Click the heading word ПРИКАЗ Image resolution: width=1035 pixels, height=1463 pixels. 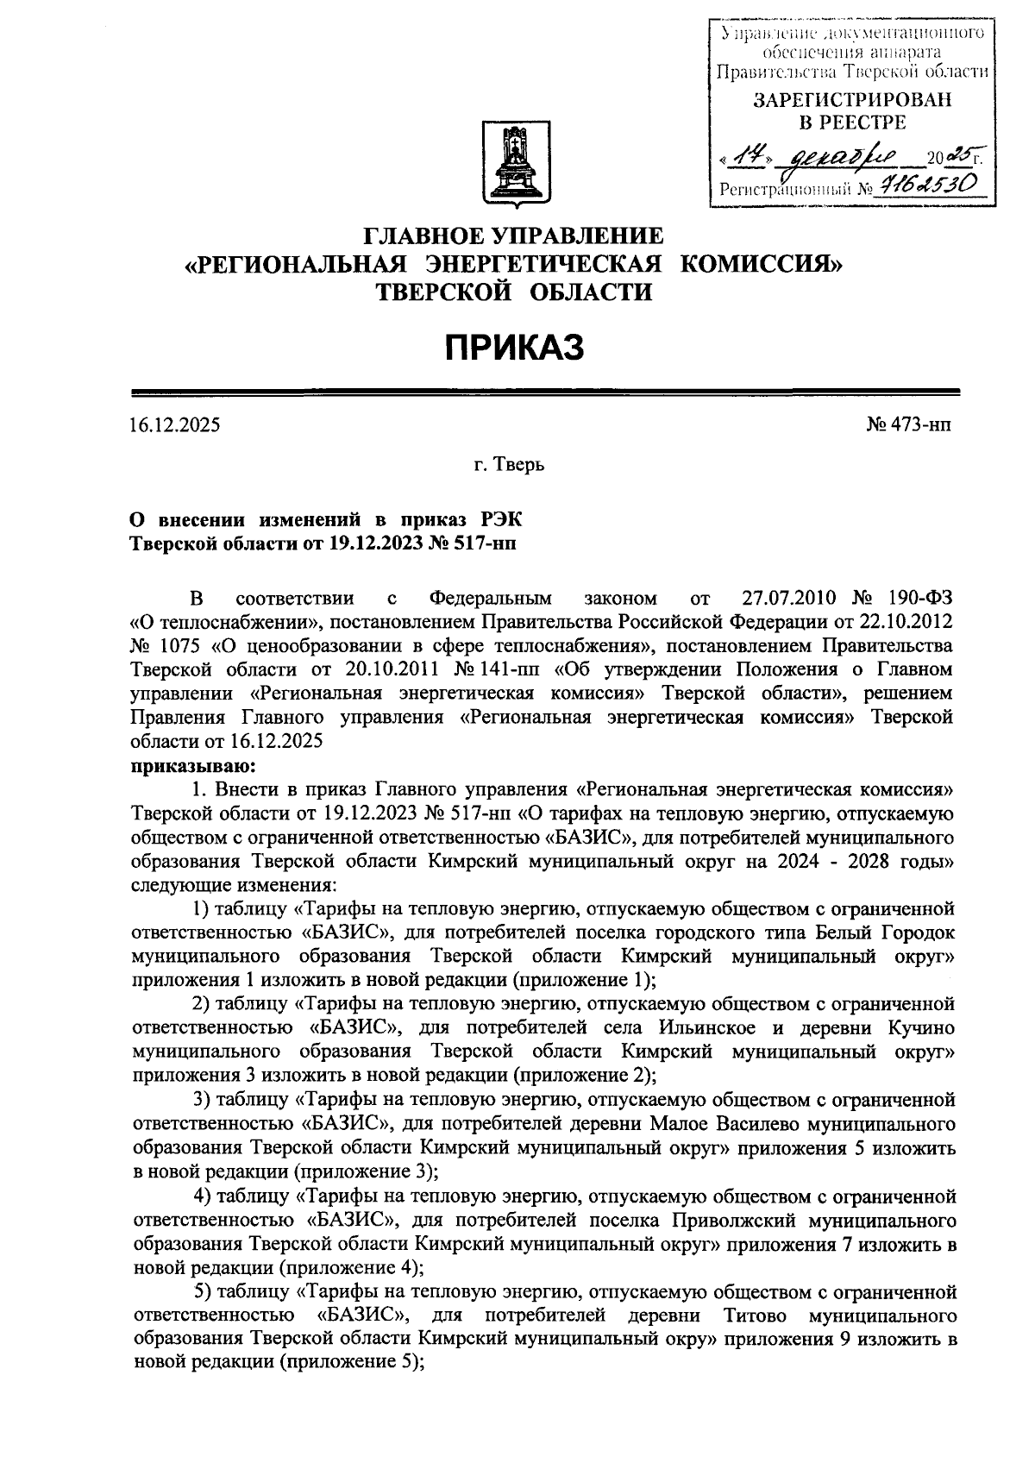[x=515, y=348]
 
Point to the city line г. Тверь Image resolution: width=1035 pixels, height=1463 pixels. [x=509, y=466]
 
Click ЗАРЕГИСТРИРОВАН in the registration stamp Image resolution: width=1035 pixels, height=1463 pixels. [x=853, y=100]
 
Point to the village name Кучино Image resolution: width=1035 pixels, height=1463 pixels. [x=920, y=1028]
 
